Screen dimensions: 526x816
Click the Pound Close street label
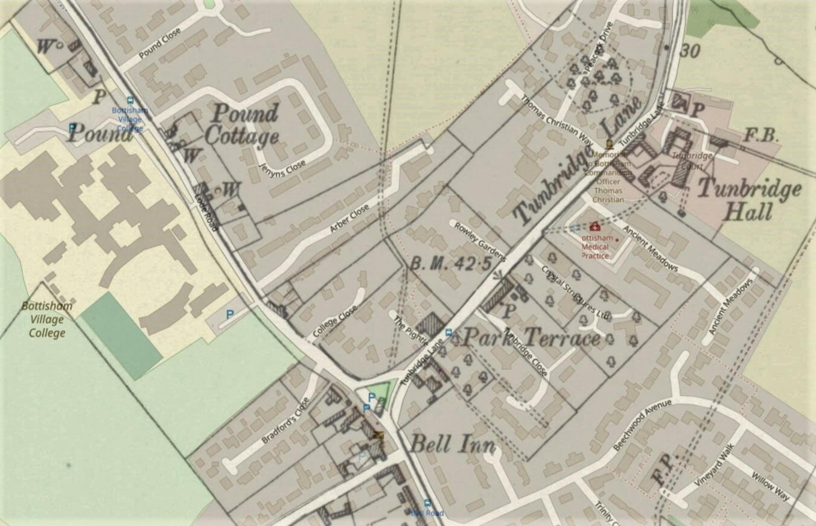160,44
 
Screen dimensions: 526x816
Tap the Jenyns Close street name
282,162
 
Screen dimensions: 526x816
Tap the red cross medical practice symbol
594,227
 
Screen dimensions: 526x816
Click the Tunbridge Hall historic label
749,200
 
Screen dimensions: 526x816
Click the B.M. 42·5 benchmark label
450,264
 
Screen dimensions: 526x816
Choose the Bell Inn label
452,445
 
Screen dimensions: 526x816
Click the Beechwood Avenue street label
642,425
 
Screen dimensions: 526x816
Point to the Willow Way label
770,486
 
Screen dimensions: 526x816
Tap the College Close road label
335,322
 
